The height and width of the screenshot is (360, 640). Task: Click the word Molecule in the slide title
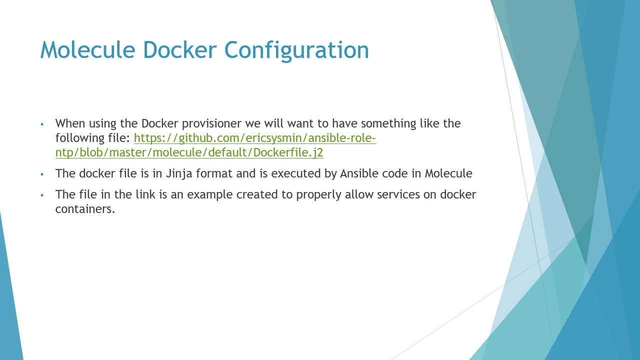pos(87,49)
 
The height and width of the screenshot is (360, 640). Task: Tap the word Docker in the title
pos(179,49)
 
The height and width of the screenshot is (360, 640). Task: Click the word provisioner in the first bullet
pos(211,124)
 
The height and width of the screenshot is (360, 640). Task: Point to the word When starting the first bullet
pos(70,123)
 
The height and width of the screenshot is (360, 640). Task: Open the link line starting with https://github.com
pos(255,138)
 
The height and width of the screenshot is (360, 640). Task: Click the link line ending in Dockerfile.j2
pos(189,152)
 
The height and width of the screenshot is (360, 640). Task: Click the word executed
pos(295,173)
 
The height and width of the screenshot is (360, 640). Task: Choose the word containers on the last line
pos(85,209)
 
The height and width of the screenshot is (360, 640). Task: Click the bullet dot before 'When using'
pos(42,124)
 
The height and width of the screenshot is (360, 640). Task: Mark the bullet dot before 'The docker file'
pos(42,174)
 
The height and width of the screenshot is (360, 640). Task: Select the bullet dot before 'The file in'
pos(42,195)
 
